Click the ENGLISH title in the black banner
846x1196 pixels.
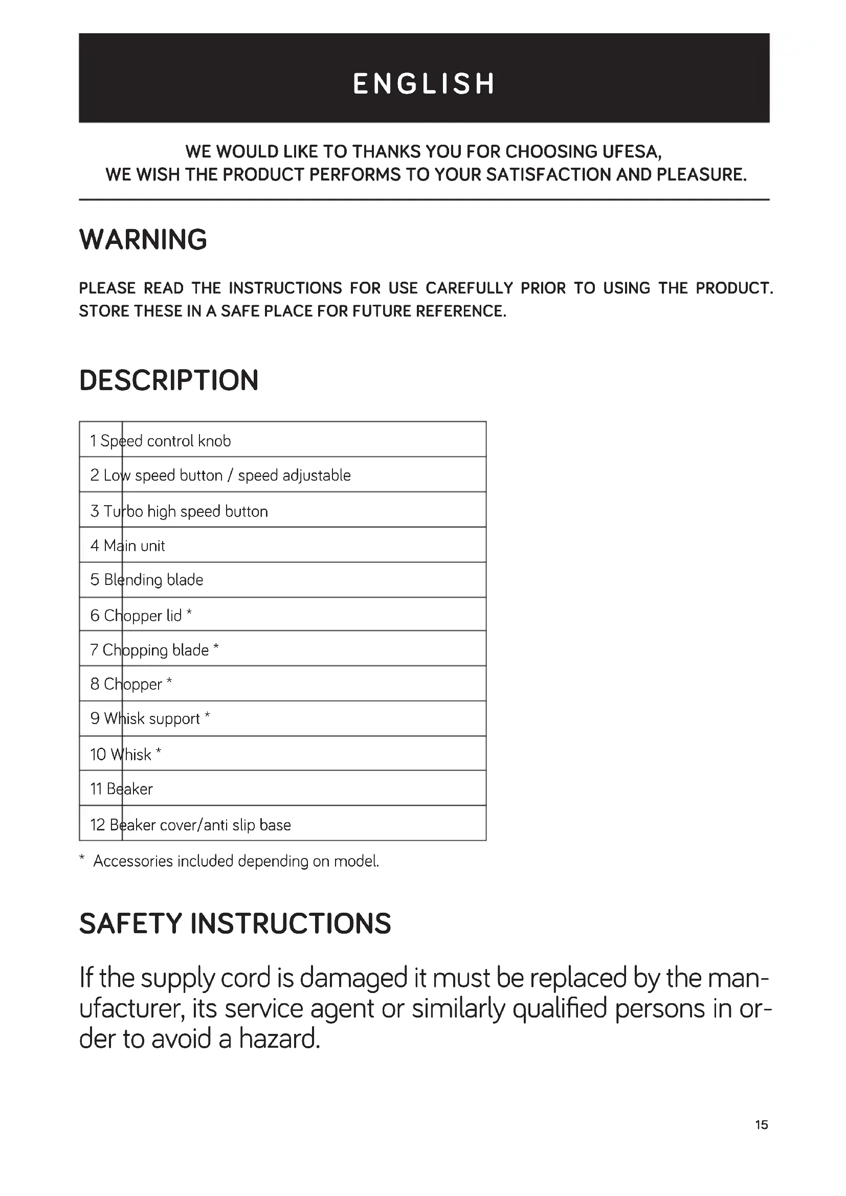[424, 84]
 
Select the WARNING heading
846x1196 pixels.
[143, 240]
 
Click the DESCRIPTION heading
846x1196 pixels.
[169, 380]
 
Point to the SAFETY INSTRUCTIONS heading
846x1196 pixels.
[235, 923]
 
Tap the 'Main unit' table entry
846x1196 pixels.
[128, 546]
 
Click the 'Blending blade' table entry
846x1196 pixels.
[147, 580]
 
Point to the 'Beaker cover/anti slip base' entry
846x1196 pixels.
[191, 825]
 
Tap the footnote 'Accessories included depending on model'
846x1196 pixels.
[235, 861]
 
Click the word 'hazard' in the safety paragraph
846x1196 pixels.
[279, 1039]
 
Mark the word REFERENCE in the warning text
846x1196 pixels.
[460, 311]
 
